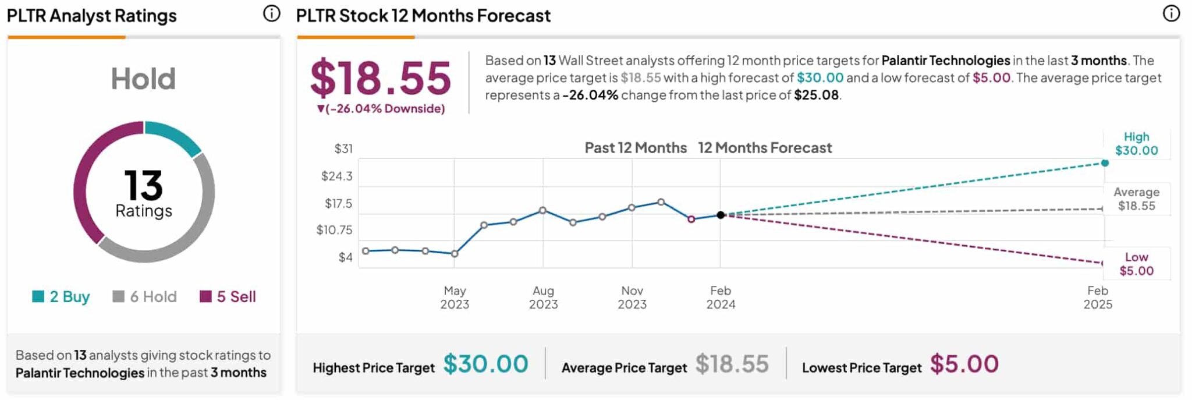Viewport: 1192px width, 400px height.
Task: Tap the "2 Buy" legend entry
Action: tap(62, 297)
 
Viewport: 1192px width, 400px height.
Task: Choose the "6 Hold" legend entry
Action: tap(145, 297)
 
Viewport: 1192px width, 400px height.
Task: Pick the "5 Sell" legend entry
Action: tap(228, 297)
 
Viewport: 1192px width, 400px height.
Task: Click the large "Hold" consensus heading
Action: tap(143, 79)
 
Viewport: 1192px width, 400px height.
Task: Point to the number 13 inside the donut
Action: tap(143, 185)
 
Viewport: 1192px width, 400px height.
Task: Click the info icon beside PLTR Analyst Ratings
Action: tap(271, 14)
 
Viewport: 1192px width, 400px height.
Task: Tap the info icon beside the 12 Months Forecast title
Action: tap(1171, 14)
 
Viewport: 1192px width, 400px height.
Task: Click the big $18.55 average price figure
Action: tap(381, 78)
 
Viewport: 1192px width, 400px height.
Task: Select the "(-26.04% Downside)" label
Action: tap(382, 109)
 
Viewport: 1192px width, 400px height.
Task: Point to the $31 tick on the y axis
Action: tap(343, 149)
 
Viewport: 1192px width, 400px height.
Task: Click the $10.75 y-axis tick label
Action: tap(335, 230)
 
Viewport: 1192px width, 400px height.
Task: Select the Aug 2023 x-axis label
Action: tap(543, 297)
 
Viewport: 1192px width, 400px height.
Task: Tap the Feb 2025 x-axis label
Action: tap(1098, 297)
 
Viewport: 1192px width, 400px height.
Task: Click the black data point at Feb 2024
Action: tap(721, 215)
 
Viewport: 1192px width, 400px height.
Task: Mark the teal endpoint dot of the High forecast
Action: tap(1105, 163)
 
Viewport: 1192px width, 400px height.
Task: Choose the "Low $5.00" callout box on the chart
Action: tap(1136, 264)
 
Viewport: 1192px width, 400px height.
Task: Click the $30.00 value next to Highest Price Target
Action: tap(486, 364)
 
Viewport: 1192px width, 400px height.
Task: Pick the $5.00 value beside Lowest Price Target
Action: tap(964, 364)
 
